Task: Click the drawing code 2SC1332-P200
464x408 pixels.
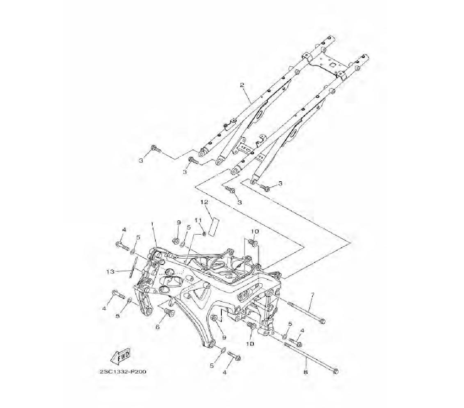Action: click(123, 372)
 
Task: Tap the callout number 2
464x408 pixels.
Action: click(242, 85)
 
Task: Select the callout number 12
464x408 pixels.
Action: click(204, 202)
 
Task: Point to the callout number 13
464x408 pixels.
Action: click(110, 271)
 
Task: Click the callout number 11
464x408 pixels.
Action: click(198, 220)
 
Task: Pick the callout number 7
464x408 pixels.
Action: click(312, 295)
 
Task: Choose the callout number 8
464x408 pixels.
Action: click(306, 372)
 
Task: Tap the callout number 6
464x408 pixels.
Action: click(157, 327)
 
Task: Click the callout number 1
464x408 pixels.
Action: click(153, 225)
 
